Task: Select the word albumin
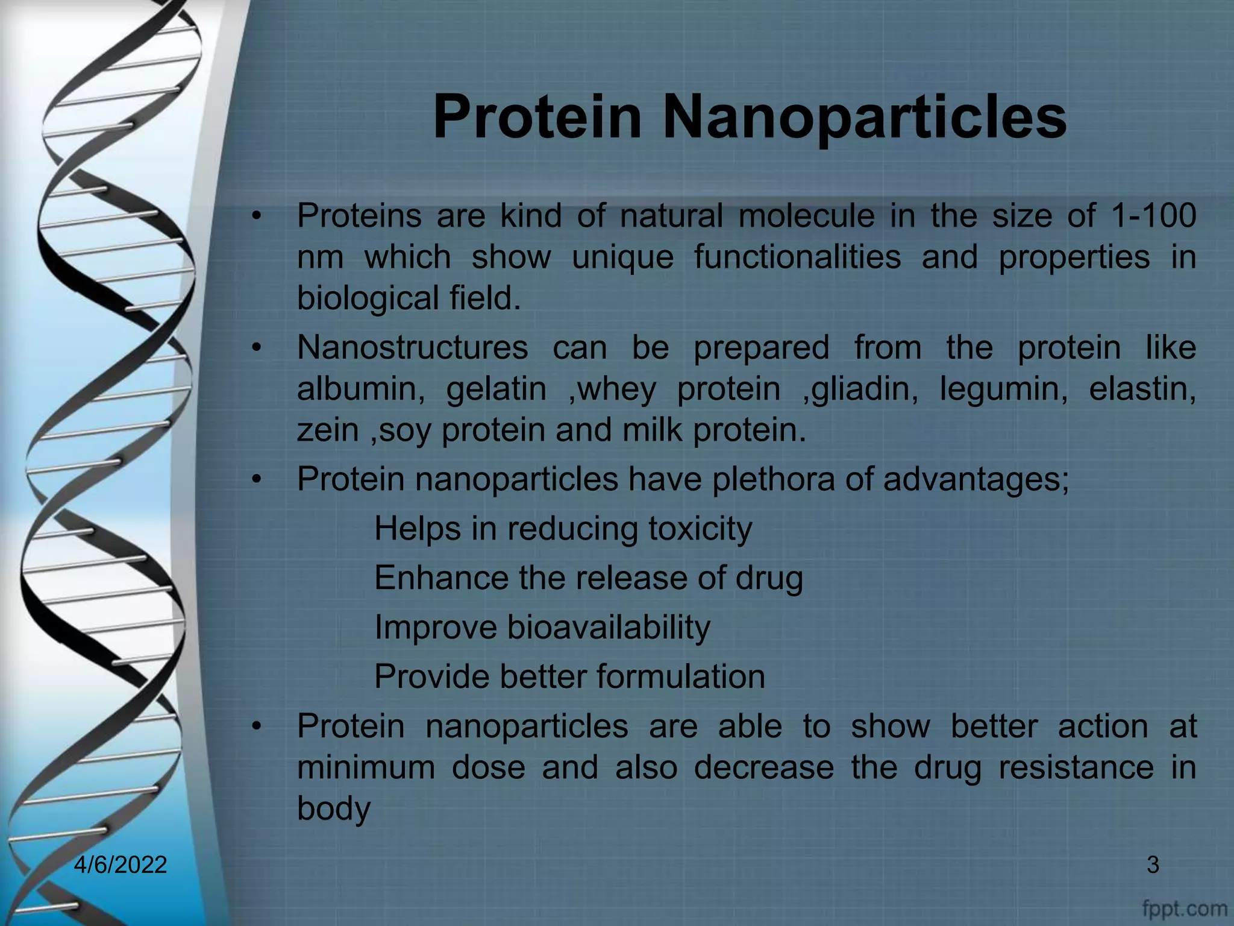[360, 389]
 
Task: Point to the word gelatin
[496, 389]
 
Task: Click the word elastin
[1142, 389]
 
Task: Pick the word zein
[328, 430]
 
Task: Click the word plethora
[773, 480]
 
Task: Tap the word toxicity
[700, 529]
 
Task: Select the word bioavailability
[609, 628]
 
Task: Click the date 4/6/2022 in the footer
[121, 865]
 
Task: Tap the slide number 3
[1153, 865]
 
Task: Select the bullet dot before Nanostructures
[257, 348]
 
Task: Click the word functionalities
[797, 257]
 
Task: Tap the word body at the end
[333, 808]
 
